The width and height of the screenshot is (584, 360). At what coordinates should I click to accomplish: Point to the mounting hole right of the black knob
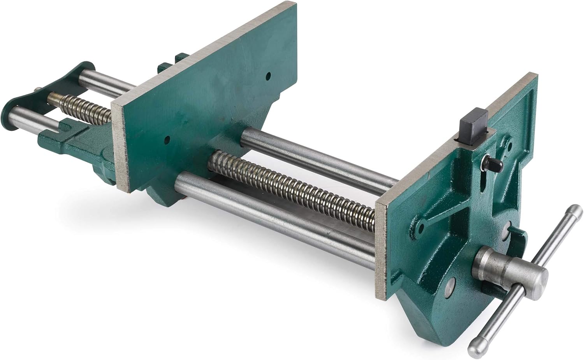click(510, 146)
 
